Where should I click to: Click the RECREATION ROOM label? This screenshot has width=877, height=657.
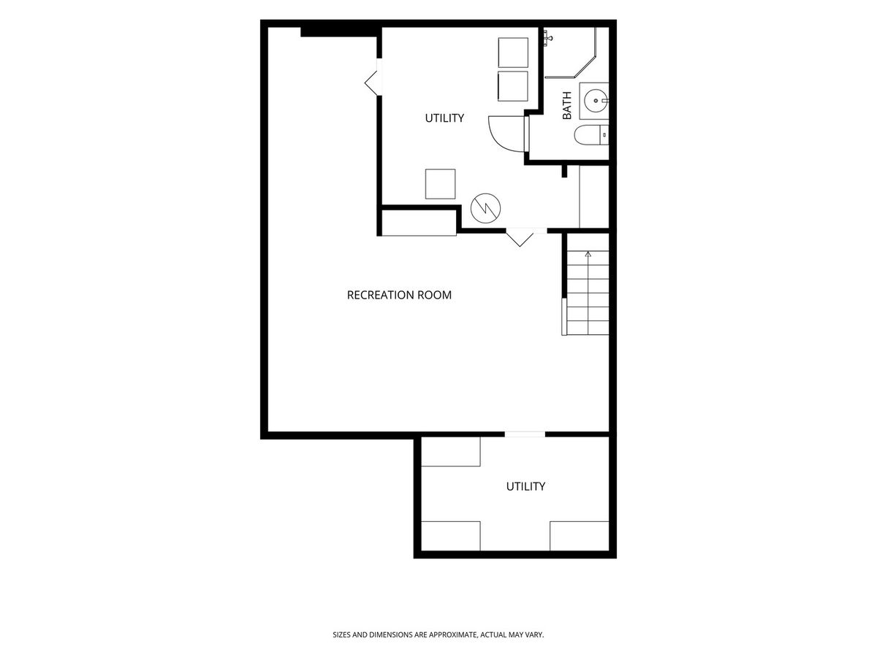coord(399,295)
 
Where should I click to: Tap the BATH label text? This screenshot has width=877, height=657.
coord(566,105)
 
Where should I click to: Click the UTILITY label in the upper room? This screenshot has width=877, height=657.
coord(444,118)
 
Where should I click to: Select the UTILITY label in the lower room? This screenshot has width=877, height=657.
coord(525,486)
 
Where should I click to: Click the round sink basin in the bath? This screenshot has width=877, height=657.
coord(596,101)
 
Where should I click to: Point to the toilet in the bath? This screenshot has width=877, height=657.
coord(591,135)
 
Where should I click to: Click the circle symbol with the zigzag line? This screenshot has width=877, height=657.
coord(485,208)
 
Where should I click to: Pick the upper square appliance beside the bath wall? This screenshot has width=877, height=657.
coord(513,53)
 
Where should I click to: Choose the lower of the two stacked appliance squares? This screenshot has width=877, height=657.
coord(512,86)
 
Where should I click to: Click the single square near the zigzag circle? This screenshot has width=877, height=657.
coord(440,184)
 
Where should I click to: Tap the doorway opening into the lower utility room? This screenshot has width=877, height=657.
coord(525,434)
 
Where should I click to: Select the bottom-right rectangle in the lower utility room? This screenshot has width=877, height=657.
coord(580,536)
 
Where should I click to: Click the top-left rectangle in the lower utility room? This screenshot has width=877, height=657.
coord(451,452)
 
